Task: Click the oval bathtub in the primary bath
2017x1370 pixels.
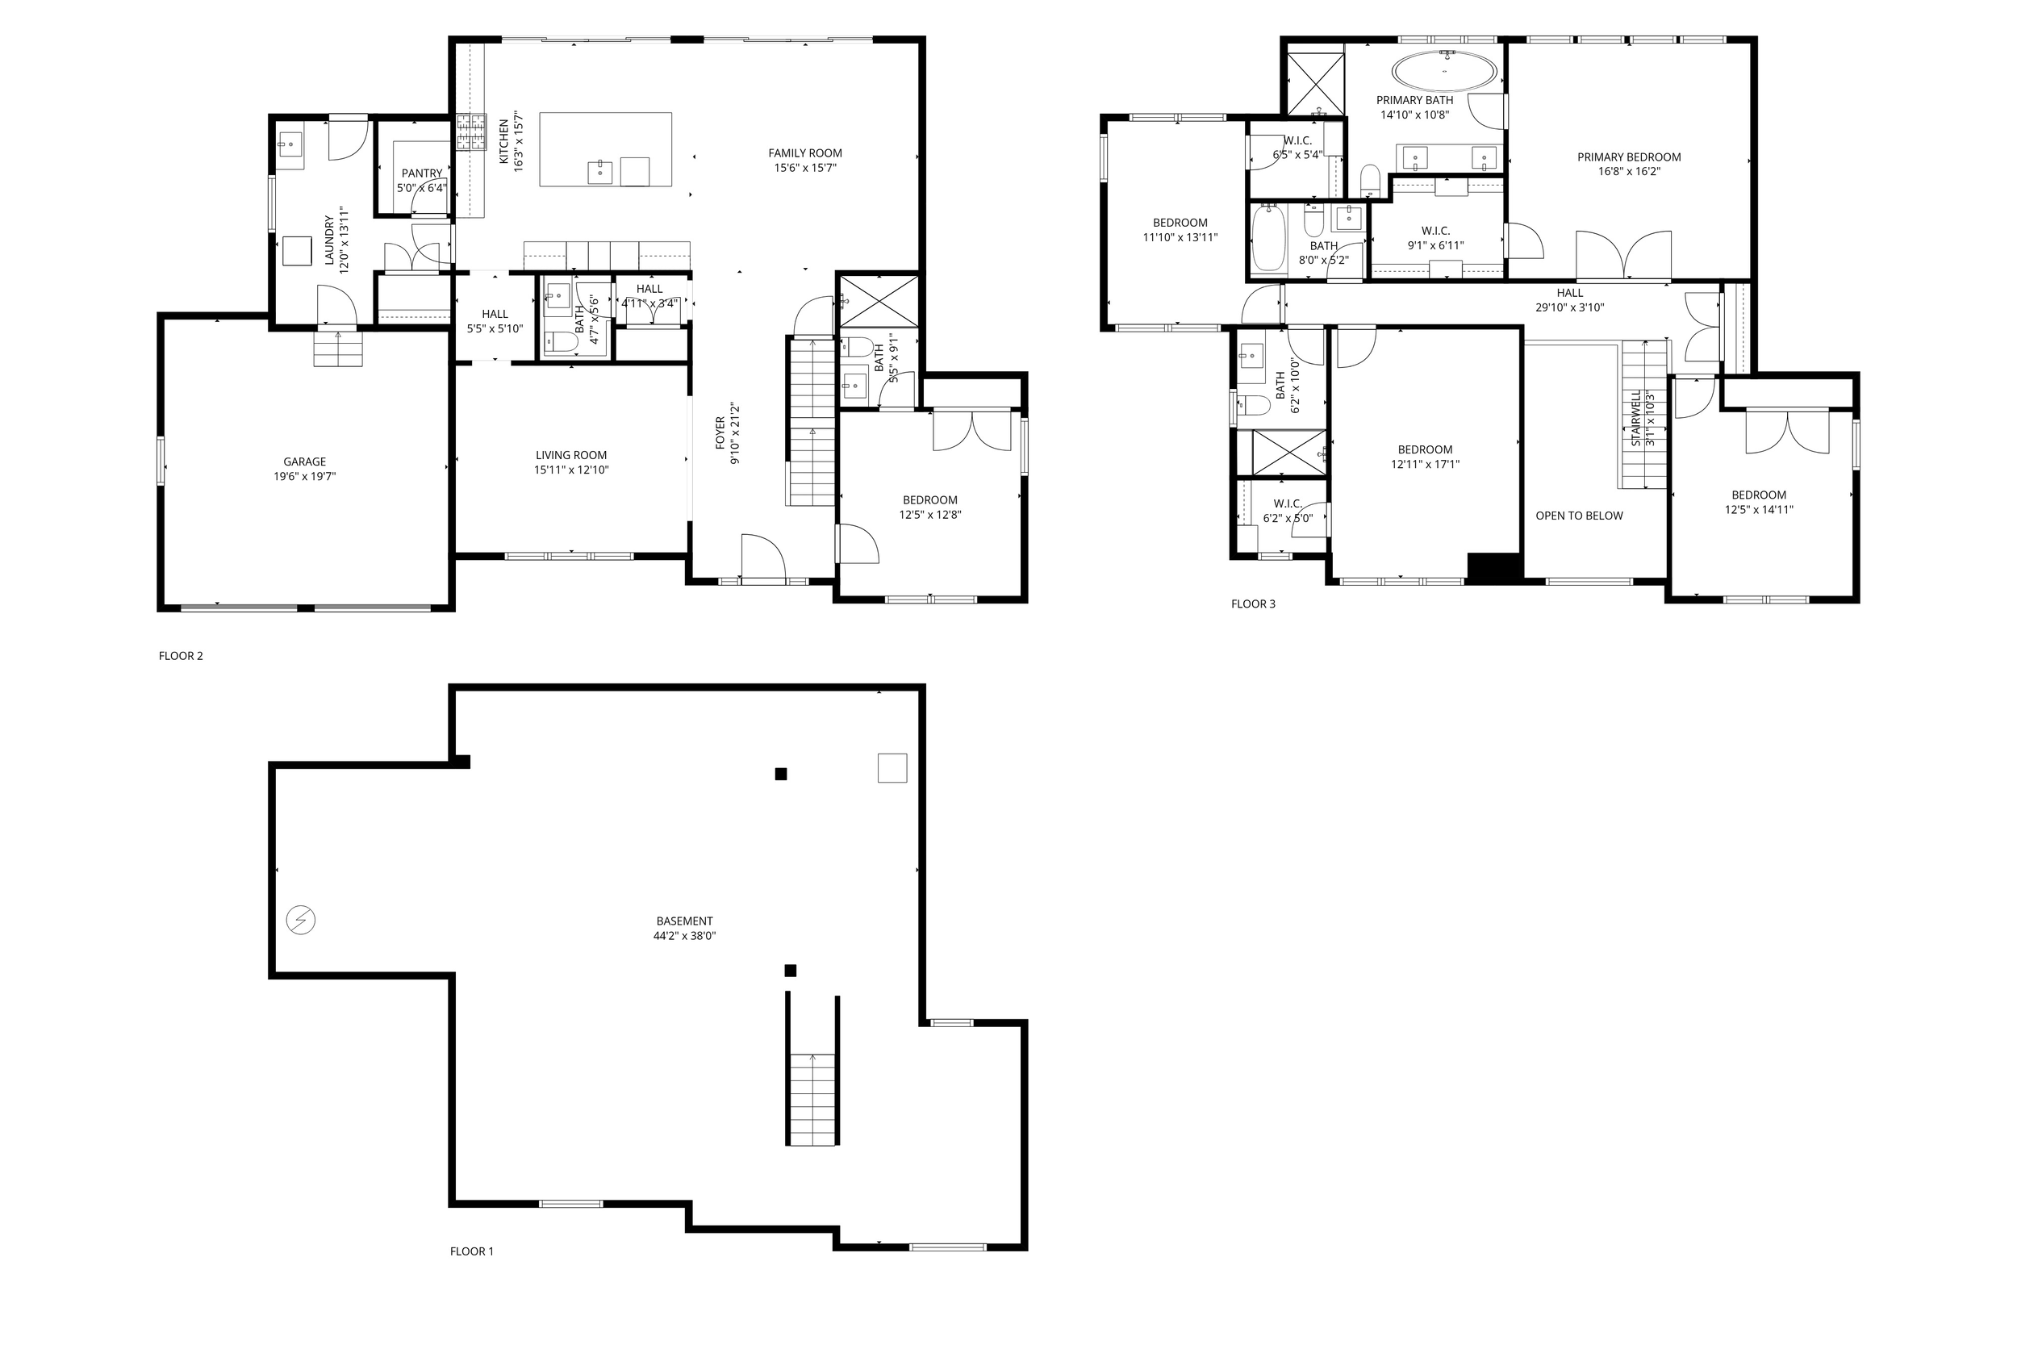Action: [1444, 71]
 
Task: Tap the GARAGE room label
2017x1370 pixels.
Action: [305, 462]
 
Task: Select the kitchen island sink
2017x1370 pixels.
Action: [600, 171]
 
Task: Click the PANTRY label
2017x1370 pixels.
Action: [422, 173]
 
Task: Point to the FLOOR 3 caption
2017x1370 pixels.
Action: [1253, 604]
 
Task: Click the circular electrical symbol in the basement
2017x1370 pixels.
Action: [301, 920]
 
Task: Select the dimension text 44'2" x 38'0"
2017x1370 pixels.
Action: [684, 936]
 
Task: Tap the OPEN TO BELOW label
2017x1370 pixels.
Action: [1579, 516]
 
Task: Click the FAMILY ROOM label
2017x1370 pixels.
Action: [804, 152]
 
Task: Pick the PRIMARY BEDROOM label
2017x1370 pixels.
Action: [1628, 157]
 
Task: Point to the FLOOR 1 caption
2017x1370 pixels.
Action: [471, 1251]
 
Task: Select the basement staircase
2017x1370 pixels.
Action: [812, 1098]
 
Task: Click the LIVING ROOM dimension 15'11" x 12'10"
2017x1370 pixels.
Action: [571, 470]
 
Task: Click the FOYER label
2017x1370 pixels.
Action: [720, 433]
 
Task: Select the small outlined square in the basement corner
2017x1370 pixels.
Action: [892, 768]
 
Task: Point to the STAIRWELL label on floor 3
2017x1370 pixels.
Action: [1636, 419]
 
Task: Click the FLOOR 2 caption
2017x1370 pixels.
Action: [181, 655]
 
